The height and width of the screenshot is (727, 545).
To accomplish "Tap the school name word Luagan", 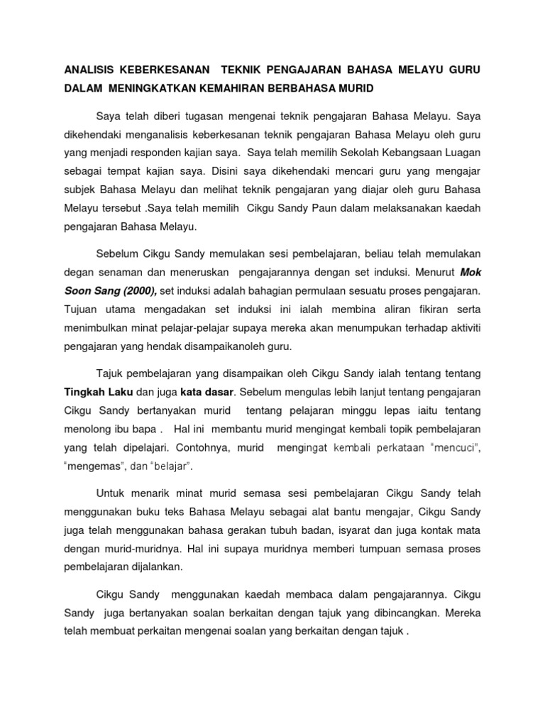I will (x=463, y=151).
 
